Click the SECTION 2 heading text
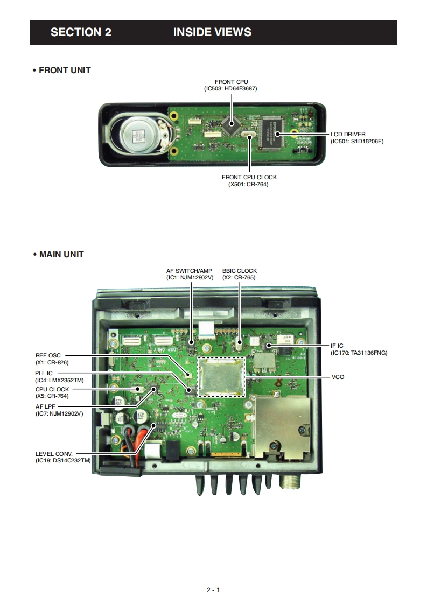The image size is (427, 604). pyautogui.click(x=81, y=32)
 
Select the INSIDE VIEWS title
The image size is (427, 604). pyautogui.click(x=212, y=32)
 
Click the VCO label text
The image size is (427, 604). pyautogui.click(x=338, y=377)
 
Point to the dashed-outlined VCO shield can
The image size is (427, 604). pyautogui.click(x=221, y=376)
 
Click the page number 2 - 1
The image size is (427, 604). pyautogui.click(x=213, y=590)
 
